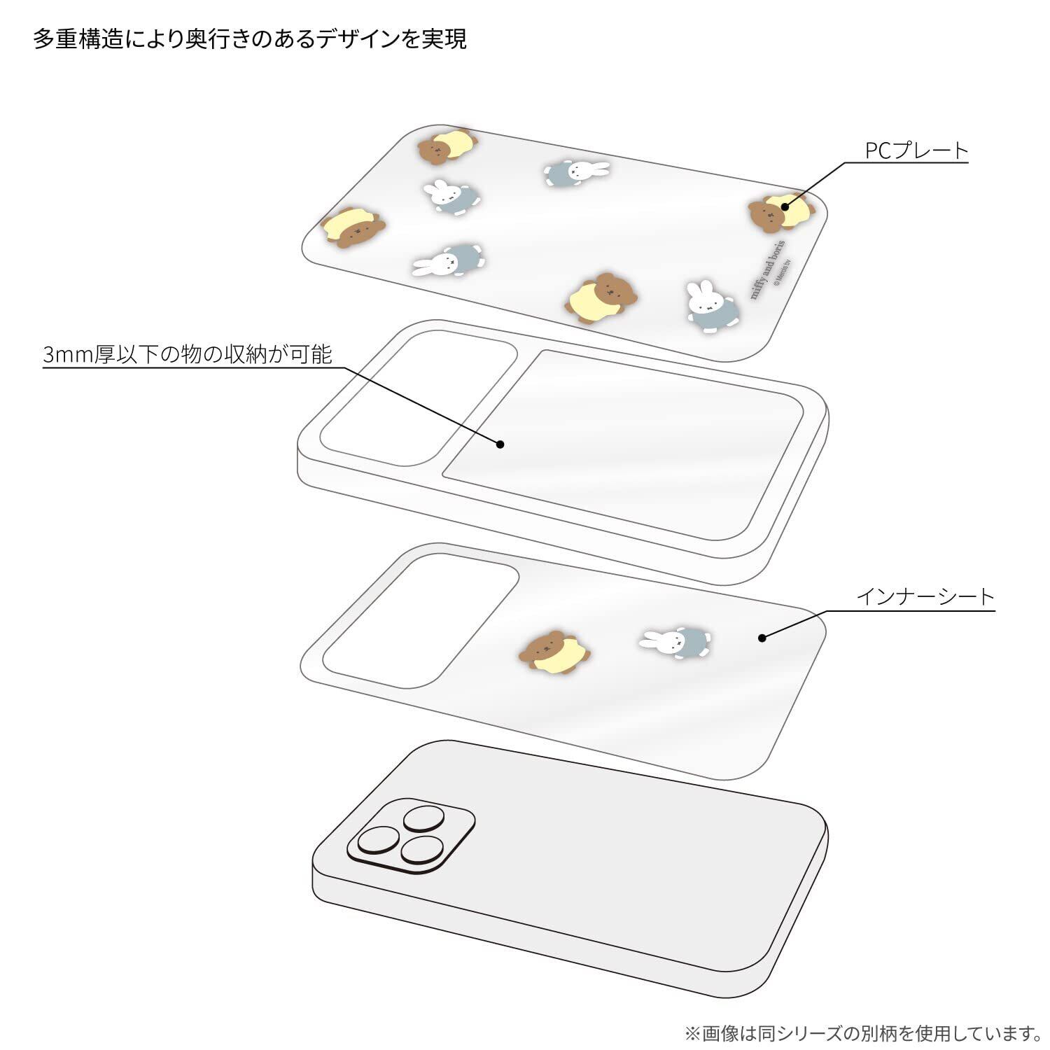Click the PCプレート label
[916, 150]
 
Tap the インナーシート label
[925, 596]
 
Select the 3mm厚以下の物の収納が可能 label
[188, 354]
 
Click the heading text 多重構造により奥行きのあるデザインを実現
[250, 39]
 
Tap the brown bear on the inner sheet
[554, 651]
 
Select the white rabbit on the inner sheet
[675, 640]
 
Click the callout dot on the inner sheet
[762, 638]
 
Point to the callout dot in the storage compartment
[500, 444]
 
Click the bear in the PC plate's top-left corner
[447, 145]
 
